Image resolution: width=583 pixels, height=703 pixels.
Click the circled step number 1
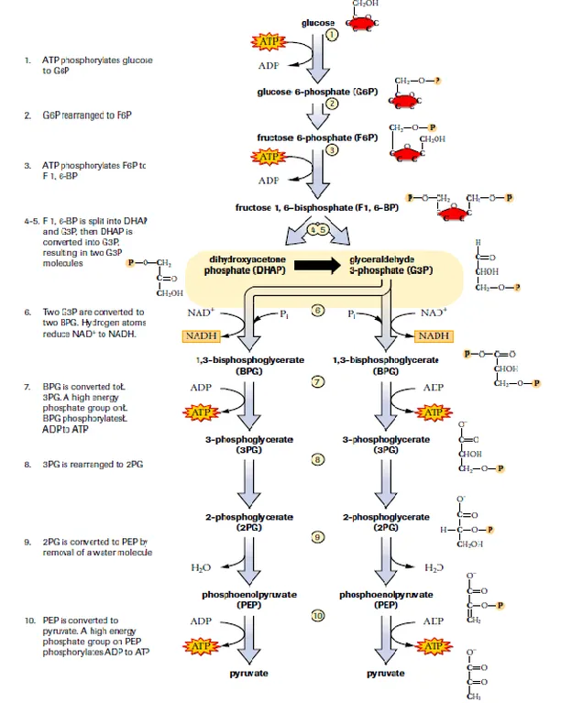click(x=332, y=33)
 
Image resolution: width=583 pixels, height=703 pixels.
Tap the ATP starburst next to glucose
click(x=267, y=42)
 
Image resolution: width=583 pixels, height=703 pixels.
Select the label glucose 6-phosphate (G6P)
click(x=316, y=92)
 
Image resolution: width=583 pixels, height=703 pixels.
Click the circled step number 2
click(x=332, y=104)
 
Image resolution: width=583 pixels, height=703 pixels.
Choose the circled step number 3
click(x=332, y=149)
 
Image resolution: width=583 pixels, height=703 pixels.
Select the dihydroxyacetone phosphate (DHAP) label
click(x=240, y=266)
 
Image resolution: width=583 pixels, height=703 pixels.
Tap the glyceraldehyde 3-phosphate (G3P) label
click(x=390, y=266)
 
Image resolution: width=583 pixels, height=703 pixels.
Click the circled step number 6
click(x=318, y=311)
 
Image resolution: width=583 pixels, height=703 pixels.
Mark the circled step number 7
click(x=318, y=381)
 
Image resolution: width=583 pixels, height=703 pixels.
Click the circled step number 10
click(x=318, y=616)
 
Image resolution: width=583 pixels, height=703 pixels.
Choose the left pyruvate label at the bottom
click(x=248, y=673)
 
